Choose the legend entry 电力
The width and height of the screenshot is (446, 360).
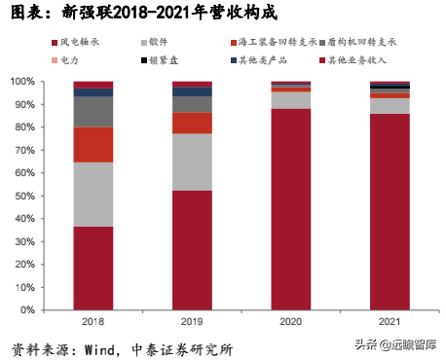pyautogui.click(x=74, y=60)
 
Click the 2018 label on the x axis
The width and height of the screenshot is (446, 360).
pyautogui.click(x=93, y=321)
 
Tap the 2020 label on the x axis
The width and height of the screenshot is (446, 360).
pyautogui.click(x=291, y=321)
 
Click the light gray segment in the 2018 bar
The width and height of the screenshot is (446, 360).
pyautogui.click(x=93, y=194)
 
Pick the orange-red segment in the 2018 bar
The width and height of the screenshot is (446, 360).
pyautogui.click(x=93, y=144)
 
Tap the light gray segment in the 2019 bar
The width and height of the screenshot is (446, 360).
pyautogui.click(x=192, y=162)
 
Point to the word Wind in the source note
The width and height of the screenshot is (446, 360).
pyautogui.click(x=109, y=347)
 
